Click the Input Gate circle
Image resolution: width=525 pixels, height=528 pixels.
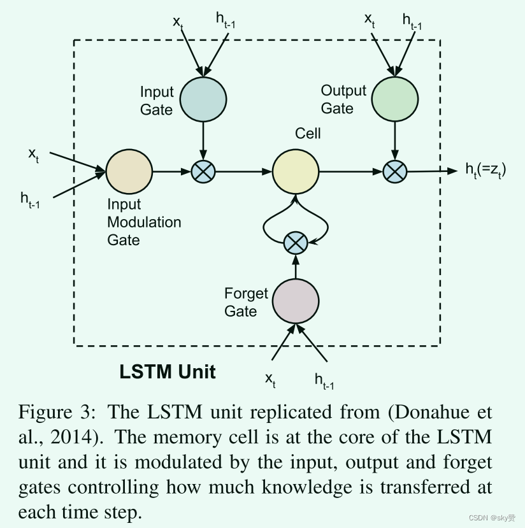(203, 99)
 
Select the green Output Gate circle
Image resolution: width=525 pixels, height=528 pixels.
(395, 99)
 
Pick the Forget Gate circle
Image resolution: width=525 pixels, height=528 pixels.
(295, 301)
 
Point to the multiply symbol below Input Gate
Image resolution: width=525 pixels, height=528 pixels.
(203, 171)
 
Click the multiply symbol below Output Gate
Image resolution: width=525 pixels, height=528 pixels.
(395, 171)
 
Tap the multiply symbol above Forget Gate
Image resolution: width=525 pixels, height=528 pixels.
(295, 242)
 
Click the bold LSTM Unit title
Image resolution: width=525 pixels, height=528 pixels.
(168, 372)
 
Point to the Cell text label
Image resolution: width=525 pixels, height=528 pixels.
(308, 133)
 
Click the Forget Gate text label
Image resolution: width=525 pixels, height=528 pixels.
(247, 302)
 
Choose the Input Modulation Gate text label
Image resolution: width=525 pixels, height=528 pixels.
(144, 222)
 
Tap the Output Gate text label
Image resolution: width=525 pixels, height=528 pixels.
(343, 99)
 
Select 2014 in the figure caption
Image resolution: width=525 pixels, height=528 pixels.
(68, 438)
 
